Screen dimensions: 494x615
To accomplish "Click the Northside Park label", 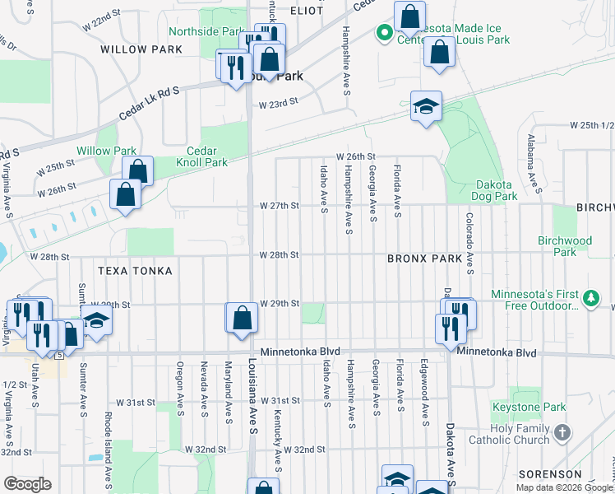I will click(206, 32).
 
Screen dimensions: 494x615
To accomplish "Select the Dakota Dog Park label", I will click(495, 191).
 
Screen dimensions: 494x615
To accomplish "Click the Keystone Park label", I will click(539, 407).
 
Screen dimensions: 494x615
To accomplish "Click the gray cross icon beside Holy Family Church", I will click(562, 432).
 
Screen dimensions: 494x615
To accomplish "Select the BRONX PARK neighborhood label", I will click(425, 259).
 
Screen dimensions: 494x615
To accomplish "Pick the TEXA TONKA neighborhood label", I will click(135, 271).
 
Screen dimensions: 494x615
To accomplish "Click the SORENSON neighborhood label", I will click(550, 475).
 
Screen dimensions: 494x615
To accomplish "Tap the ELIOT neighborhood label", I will click(307, 10).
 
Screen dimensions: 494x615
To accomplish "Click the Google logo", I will click(28, 484).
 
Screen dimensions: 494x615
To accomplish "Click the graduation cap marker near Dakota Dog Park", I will click(426, 106).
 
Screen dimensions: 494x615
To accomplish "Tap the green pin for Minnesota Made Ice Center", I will click(383, 33).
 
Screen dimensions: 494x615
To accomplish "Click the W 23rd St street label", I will click(277, 105).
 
